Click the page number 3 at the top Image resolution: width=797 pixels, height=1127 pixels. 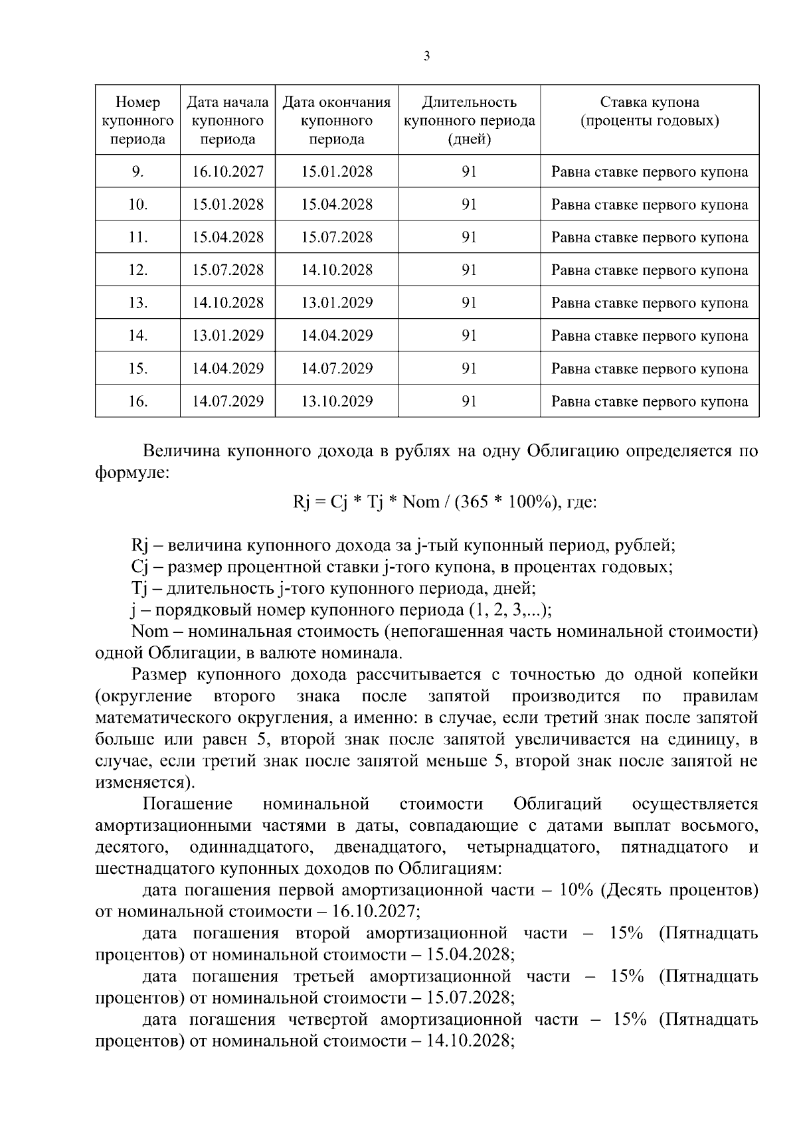pos(426,56)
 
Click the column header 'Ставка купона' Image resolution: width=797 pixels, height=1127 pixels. pos(650,102)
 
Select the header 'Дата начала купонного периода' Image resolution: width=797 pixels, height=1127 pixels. pos(228,121)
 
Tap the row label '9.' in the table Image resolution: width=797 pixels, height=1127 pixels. pos(137,172)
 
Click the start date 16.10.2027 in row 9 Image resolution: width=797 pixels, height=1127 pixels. pos(228,172)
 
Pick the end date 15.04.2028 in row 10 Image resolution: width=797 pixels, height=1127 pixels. pos(337,205)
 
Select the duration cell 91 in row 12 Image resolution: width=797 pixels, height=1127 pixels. pos(470,270)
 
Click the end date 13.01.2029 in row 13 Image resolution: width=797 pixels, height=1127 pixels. pos(337,303)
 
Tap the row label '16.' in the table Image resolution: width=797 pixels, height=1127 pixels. pos(137,401)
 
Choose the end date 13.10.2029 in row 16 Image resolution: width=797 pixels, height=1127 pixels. pos(337,401)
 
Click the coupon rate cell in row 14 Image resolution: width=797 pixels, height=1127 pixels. pos(650,336)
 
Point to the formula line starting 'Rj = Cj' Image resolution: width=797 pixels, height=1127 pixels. pos(445,502)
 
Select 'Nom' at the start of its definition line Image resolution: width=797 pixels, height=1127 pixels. pos(150,631)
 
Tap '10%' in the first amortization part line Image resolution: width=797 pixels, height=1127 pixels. pos(576,890)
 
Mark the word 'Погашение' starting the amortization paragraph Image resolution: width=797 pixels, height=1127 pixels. pos(187,804)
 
